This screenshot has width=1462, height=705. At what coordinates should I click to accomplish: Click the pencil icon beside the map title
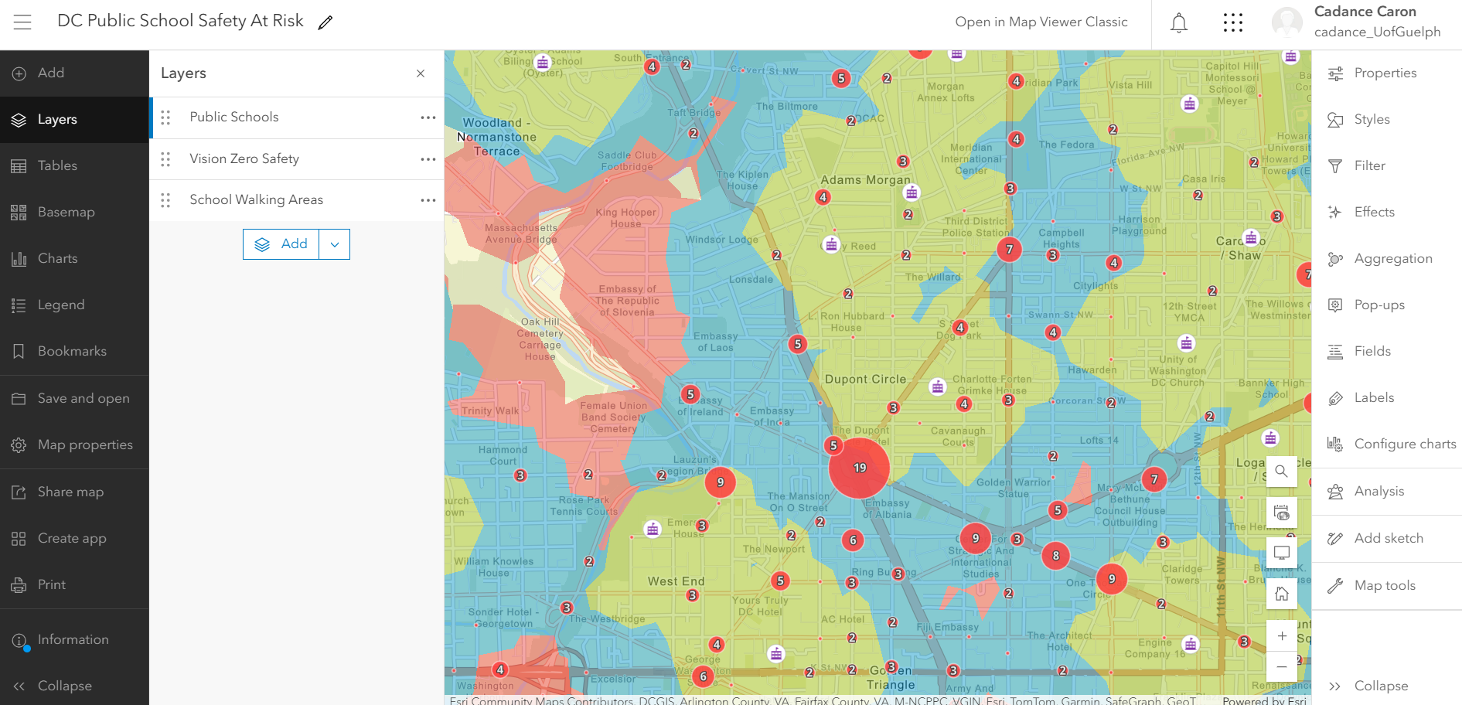pos(325,22)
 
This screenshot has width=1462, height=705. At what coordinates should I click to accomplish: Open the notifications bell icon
pos(1178,23)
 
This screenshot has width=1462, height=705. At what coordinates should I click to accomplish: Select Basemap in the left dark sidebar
pos(66,212)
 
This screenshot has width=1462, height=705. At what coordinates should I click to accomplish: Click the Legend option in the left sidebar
pos(61,305)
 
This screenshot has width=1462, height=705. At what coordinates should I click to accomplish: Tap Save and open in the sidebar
pos(83,398)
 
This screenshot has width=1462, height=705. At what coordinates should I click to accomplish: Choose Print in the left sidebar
pos(52,584)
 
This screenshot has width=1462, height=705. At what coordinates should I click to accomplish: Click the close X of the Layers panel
pos(421,73)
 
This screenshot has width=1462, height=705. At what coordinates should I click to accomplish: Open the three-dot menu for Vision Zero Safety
pos(428,158)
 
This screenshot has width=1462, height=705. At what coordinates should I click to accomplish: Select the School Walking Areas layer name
pos(256,199)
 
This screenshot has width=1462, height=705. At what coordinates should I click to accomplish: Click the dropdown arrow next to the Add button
pos(335,244)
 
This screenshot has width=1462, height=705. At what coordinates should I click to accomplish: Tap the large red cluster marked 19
pos(859,468)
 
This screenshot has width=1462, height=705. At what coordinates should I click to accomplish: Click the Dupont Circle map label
pos(865,380)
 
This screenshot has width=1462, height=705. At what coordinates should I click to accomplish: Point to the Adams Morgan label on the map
pos(865,180)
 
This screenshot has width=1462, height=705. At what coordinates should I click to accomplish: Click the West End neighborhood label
pos(676,581)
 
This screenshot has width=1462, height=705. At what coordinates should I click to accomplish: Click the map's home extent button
pos(1281,594)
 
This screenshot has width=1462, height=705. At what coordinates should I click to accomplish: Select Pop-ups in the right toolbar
pos(1379,305)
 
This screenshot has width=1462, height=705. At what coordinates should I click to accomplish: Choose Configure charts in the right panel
pos(1404,444)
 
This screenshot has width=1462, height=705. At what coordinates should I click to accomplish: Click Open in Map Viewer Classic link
pos(1041,22)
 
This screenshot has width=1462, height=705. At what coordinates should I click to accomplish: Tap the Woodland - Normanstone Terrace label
pos(496,137)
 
